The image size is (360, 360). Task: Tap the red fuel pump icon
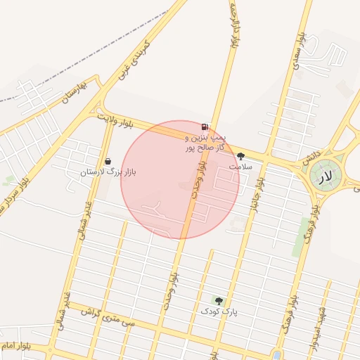point(205,127)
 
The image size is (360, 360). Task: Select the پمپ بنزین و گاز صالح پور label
point(205,143)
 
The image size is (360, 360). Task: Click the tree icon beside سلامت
point(241,156)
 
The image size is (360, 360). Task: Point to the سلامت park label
point(240,167)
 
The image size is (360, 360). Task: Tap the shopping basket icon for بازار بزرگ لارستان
point(107,161)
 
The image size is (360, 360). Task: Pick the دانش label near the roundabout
point(312,157)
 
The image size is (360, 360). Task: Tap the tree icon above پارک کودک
point(218,300)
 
